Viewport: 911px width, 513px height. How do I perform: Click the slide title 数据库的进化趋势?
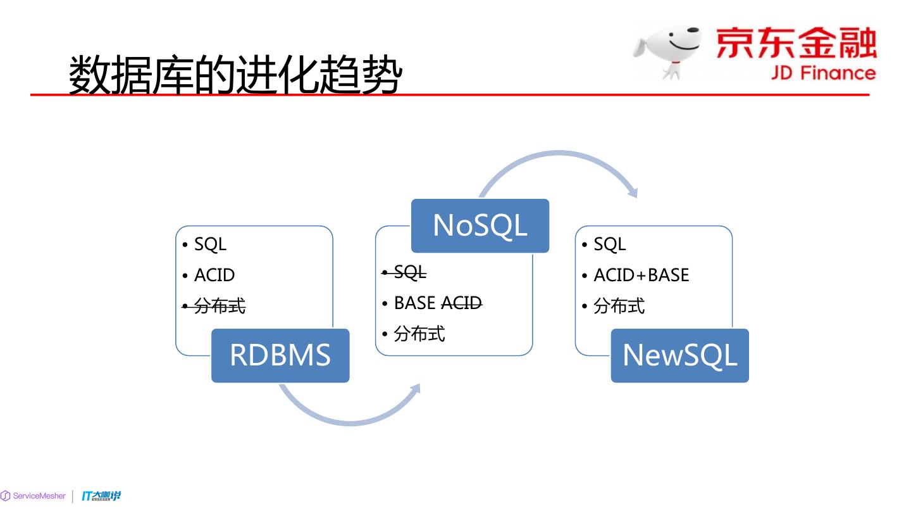[235, 75]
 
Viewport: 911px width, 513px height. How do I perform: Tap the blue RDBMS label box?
[280, 355]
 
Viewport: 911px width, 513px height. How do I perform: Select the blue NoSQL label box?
[480, 225]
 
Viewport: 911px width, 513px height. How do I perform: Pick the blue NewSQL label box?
[679, 355]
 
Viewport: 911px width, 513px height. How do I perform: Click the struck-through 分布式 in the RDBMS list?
[219, 307]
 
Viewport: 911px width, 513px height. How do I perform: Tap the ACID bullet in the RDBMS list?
[214, 275]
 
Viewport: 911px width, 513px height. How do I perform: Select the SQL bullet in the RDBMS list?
[209, 244]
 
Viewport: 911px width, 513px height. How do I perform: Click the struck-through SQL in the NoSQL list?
[409, 273]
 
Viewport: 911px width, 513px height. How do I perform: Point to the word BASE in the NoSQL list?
[414, 303]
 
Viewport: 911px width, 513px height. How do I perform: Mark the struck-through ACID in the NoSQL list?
[461, 303]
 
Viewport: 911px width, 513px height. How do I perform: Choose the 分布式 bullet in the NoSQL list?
[419, 334]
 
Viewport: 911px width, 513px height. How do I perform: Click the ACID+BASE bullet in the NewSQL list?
[641, 275]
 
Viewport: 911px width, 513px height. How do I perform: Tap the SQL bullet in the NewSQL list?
[609, 244]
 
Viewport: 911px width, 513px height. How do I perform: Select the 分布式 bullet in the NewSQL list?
[619, 307]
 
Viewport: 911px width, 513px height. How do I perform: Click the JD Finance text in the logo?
[822, 73]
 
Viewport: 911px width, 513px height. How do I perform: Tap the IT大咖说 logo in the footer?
[101, 496]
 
